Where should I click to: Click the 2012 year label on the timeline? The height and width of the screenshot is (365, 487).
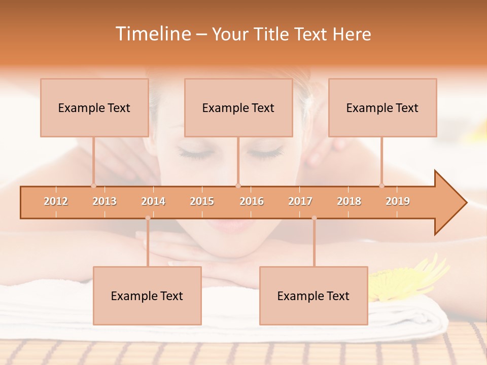[56, 201]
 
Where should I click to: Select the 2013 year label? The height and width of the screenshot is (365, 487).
[105, 201]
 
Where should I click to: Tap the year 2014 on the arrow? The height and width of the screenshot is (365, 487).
[153, 201]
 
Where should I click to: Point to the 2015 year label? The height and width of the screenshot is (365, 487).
[202, 201]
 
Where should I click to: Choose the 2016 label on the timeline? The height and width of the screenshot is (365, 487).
[252, 201]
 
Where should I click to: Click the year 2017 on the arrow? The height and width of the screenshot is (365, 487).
[300, 201]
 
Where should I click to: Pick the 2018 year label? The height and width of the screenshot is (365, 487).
[349, 201]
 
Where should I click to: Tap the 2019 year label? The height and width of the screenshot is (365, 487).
[398, 201]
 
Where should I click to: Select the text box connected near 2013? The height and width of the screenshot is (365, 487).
[94, 107]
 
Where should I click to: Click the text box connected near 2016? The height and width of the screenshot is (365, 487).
[238, 107]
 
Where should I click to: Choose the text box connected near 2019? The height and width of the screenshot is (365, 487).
[382, 107]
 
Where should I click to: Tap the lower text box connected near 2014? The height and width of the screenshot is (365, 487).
[147, 296]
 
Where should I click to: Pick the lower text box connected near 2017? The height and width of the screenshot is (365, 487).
[314, 296]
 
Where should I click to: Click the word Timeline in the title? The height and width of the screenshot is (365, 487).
[152, 34]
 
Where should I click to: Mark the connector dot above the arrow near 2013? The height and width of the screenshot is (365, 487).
[93, 186]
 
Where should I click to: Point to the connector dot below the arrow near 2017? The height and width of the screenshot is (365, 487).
[314, 218]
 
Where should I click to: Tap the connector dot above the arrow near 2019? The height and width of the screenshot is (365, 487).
[381, 186]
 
